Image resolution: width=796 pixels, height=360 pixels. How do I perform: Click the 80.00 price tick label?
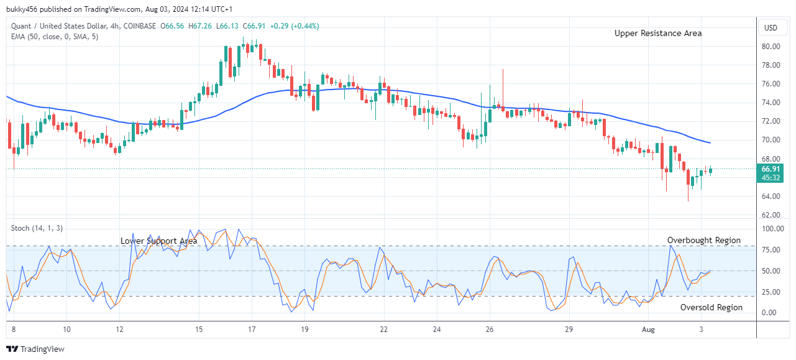tap(771, 47)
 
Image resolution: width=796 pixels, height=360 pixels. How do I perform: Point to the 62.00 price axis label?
tap(771, 215)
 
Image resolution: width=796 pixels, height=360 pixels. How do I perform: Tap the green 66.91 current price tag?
tap(771, 169)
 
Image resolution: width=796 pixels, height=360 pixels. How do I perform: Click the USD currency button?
tap(771, 28)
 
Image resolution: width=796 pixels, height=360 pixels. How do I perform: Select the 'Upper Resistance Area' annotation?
tap(658, 34)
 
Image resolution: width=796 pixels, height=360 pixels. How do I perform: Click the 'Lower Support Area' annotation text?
tap(159, 241)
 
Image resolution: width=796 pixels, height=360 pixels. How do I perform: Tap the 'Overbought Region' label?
tap(703, 240)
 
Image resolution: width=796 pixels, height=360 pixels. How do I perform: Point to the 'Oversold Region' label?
tap(711, 307)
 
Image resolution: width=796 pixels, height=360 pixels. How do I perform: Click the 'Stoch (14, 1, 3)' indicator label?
tap(37, 228)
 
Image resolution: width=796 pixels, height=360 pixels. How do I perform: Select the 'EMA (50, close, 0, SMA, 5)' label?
tap(55, 37)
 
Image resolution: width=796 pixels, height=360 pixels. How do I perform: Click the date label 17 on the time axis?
tap(251, 330)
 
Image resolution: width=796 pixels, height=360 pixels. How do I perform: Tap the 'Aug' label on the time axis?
tap(648, 330)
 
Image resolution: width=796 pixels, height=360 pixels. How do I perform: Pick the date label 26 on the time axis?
tap(490, 330)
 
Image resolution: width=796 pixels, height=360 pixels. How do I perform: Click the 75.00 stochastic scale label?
tap(771, 250)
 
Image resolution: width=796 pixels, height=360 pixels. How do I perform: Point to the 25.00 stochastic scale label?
tap(771, 292)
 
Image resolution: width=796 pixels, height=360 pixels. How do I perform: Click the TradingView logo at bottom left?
tap(35, 349)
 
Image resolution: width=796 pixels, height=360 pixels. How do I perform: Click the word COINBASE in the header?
tap(140, 25)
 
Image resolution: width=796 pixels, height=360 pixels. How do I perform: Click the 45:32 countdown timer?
tap(771, 178)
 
